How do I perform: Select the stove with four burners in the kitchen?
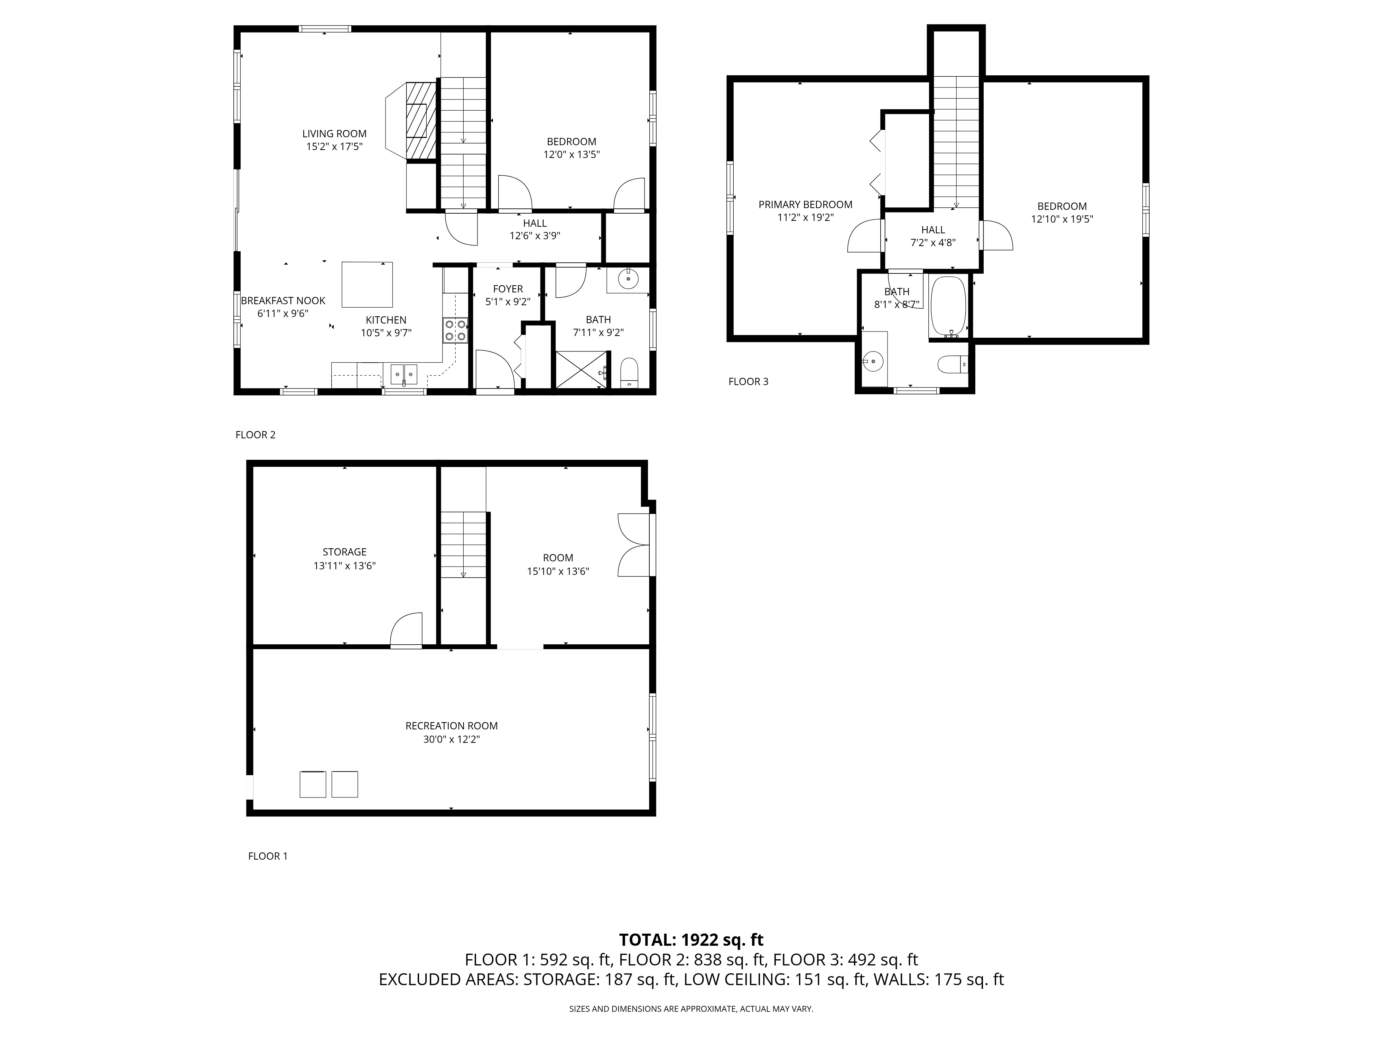[455, 330]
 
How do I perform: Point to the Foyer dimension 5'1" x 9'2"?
[508, 301]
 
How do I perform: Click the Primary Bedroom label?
[805, 204]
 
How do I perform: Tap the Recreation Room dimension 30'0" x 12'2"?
[452, 739]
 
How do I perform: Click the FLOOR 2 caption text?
[255, 435]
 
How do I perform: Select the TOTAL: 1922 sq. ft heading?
[691, 940]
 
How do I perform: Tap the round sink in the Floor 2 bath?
[628, 279]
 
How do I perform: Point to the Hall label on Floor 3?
[933, 230]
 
